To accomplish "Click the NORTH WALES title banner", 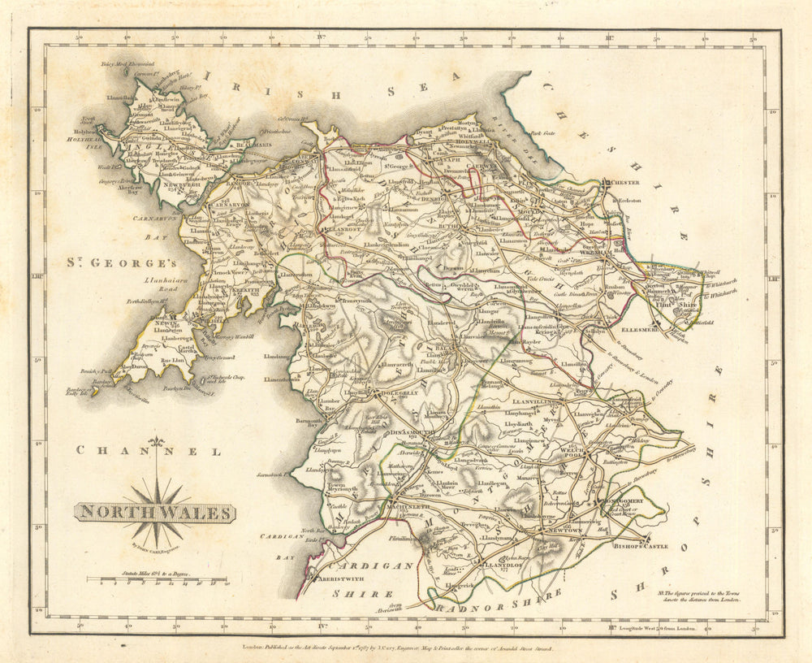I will tap(154, 513).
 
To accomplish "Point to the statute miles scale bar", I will tap(157, 581).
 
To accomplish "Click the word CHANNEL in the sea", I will tap(148, 451).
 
